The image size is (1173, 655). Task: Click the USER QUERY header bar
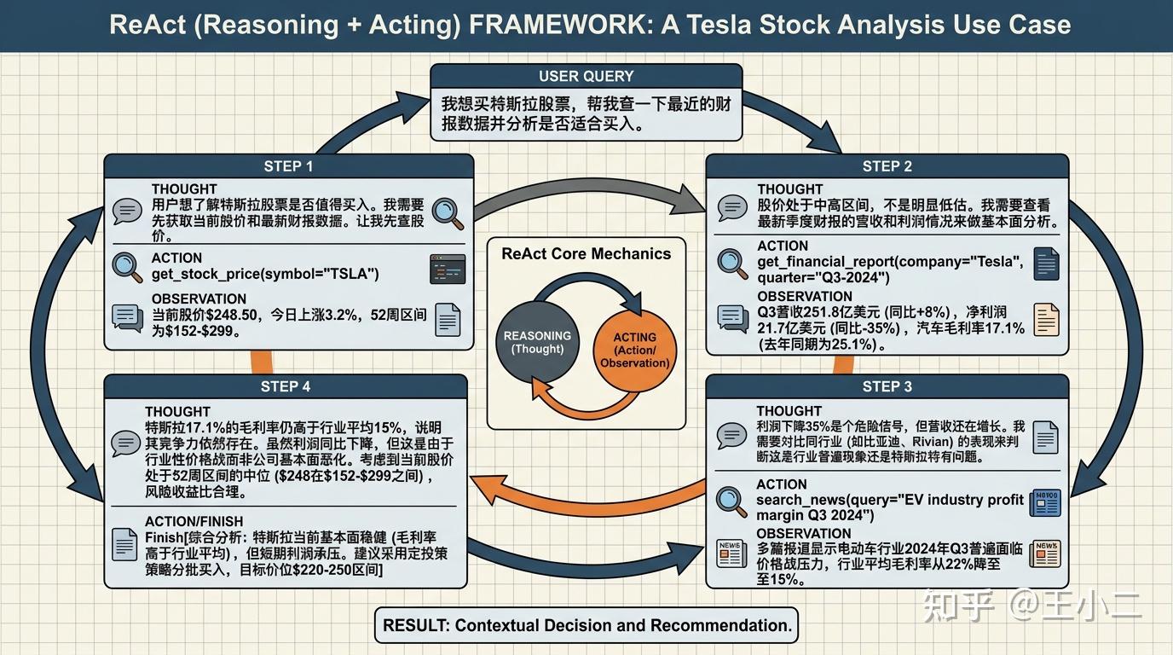click(586, 76)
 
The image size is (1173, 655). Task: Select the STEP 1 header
click(288, 166)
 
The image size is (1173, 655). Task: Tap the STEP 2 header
click(887, 166)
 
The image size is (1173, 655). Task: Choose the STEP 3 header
click(887, 386)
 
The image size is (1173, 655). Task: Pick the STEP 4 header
click(286, 386)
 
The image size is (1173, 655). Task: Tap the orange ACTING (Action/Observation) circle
click(634, 350)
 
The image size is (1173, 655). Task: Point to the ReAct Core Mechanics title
click(586, 254)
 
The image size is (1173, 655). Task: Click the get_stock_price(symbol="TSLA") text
click(265, 274)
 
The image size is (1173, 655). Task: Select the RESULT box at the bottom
click(586, 625)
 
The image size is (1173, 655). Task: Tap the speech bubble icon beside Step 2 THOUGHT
click(732, 208)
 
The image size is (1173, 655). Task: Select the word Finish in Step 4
click(165, 537)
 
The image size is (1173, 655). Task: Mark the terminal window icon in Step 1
click(448, 269)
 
